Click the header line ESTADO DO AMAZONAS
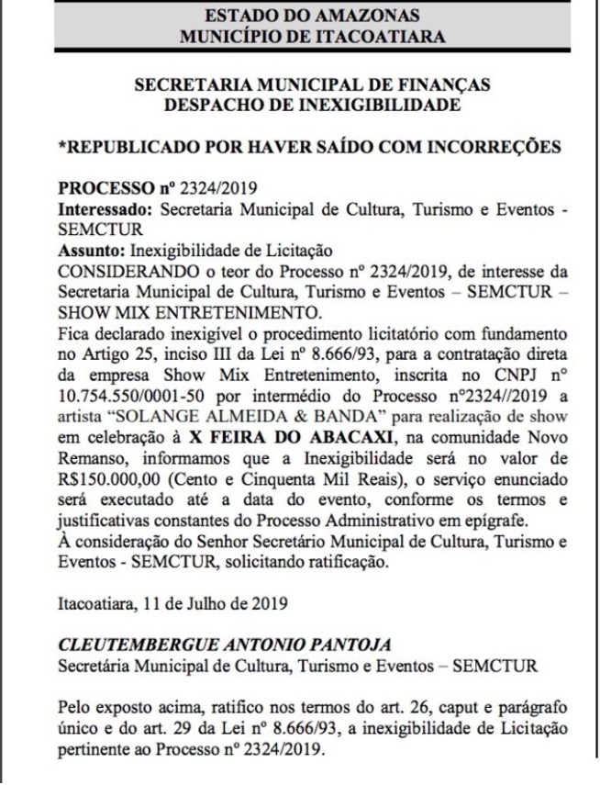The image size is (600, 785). tap(312, 16)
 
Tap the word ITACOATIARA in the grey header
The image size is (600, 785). tap(372, 37)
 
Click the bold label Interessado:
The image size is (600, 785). tap(105, 209)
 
